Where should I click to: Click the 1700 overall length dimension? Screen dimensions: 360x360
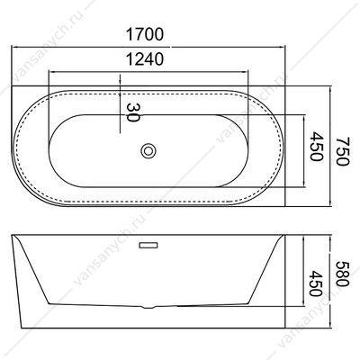pos(145,34)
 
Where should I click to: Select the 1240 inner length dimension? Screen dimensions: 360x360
pos(145,58)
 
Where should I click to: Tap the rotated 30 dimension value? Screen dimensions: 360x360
pos(133,112)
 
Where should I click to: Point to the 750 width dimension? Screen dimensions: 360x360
pos(343,151)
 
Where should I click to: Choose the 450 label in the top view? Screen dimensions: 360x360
pos(316,146)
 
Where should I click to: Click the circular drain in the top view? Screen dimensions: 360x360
pos(148,150)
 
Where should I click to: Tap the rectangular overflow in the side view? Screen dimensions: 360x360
pos(148,246)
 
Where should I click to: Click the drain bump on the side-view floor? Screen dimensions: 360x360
pos(148,307)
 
